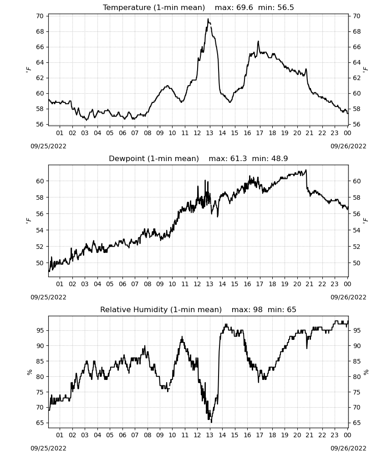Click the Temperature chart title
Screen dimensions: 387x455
pyautogui.click(x=199, y=7)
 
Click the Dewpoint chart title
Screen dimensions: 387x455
pyautogui.click(x=199, y=158)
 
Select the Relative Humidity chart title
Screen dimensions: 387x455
pyautogui.click(x=199, y=309)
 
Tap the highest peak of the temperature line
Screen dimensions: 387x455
pyautogui.click(x=208, y=19)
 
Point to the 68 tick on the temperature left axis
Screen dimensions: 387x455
pyautogui.click(x=40, y=31)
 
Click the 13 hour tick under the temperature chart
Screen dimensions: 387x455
pyautogui.click(x=209, y=133)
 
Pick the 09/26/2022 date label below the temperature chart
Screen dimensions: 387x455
pyautogui.click(x=348, y=146)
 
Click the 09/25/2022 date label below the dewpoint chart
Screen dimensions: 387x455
pyautogui.click(x=48, y=297)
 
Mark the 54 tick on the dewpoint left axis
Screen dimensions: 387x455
pyautogui.click(x=40, y=230)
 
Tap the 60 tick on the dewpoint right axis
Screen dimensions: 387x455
pyautogui.click(x=356, y=181)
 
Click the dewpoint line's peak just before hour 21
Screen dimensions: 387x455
pyautogui.click(x=306, y=170)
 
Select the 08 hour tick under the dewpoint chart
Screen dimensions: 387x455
pyautogui.click(x=148, y=284)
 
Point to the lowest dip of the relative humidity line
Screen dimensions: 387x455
pyautogui.click(x=211, y=422)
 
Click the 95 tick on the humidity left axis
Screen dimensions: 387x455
pyautogui.click(x=40, y=330)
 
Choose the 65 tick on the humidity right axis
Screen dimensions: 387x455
pyautogui.click(x=356, y=423)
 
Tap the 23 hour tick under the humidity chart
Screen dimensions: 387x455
pyautogui.click(x=335, y=435)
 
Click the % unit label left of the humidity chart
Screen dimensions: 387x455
pyautogui.click(x=29, y=372)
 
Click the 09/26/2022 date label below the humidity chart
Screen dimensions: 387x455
pyautogui.click(x=348, y=448)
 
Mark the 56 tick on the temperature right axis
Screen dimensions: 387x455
pyautogui.click(x=356, y=124)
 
